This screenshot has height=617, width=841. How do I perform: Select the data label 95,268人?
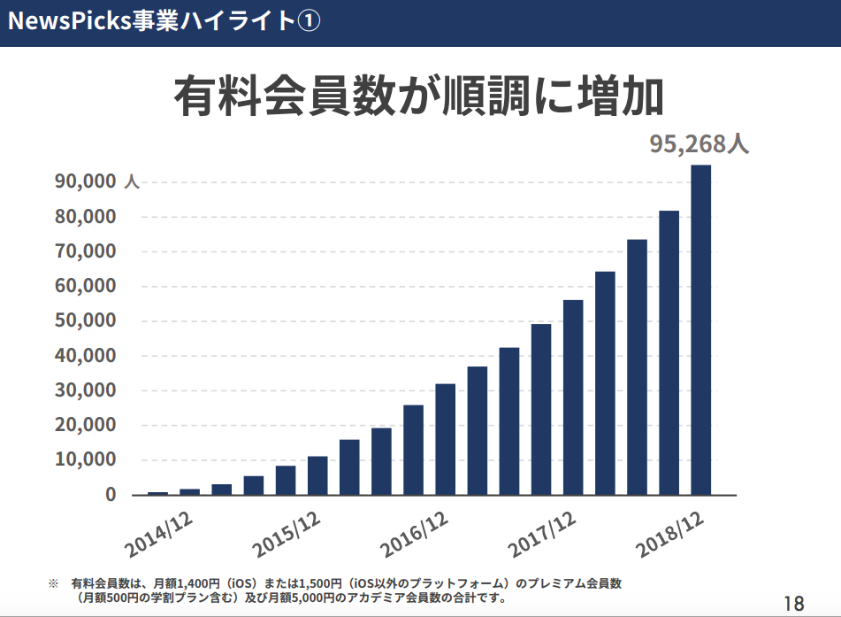tap(699, 143)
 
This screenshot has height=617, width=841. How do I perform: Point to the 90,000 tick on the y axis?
tap(86, 181)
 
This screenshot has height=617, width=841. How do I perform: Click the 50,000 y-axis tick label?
tap(86, 320)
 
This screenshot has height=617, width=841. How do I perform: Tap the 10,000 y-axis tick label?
tap(86, 459)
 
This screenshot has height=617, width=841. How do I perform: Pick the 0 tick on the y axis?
tap(111, 494)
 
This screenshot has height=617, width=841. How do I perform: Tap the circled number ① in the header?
tap(307, 22)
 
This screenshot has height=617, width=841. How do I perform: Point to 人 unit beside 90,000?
tap(132, 182)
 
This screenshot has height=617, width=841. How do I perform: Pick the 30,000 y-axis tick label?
tap(86, 390)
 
